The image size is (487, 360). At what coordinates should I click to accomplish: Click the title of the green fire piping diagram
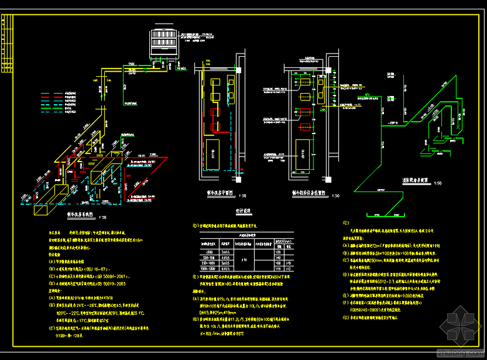[x=415, y=182]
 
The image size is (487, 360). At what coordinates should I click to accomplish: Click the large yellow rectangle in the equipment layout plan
[x=302, y=153]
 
